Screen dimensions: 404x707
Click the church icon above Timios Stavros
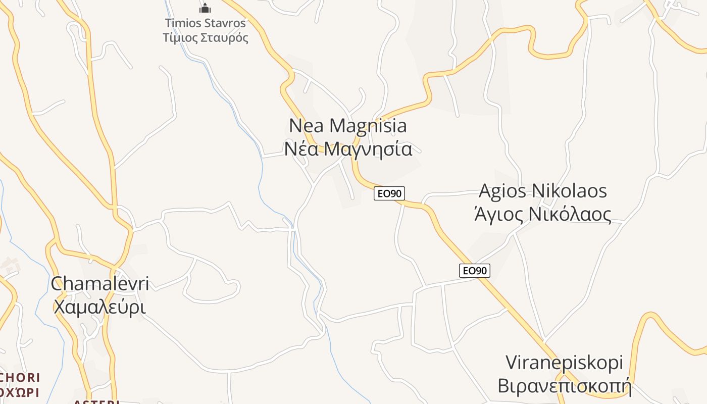point(205,8)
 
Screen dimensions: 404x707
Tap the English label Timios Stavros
point(206,23)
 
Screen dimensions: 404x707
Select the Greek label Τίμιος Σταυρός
point(206,38)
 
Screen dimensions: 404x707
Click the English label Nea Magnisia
point(348,125)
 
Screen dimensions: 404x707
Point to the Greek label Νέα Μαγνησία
point(348,149)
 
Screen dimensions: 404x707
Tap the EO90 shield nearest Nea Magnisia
point(389,193)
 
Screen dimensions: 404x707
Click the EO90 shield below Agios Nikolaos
point(475,271)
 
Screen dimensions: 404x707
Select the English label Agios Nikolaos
point(542,191)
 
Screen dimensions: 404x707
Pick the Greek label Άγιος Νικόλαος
point(542,214)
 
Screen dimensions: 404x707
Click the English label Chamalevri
point(100,284)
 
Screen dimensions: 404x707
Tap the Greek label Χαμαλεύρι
point(100,307)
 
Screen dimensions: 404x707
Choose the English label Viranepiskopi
point(564,363)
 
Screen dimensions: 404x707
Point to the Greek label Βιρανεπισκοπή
point(564,386)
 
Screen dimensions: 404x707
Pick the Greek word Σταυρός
point(225,38)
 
